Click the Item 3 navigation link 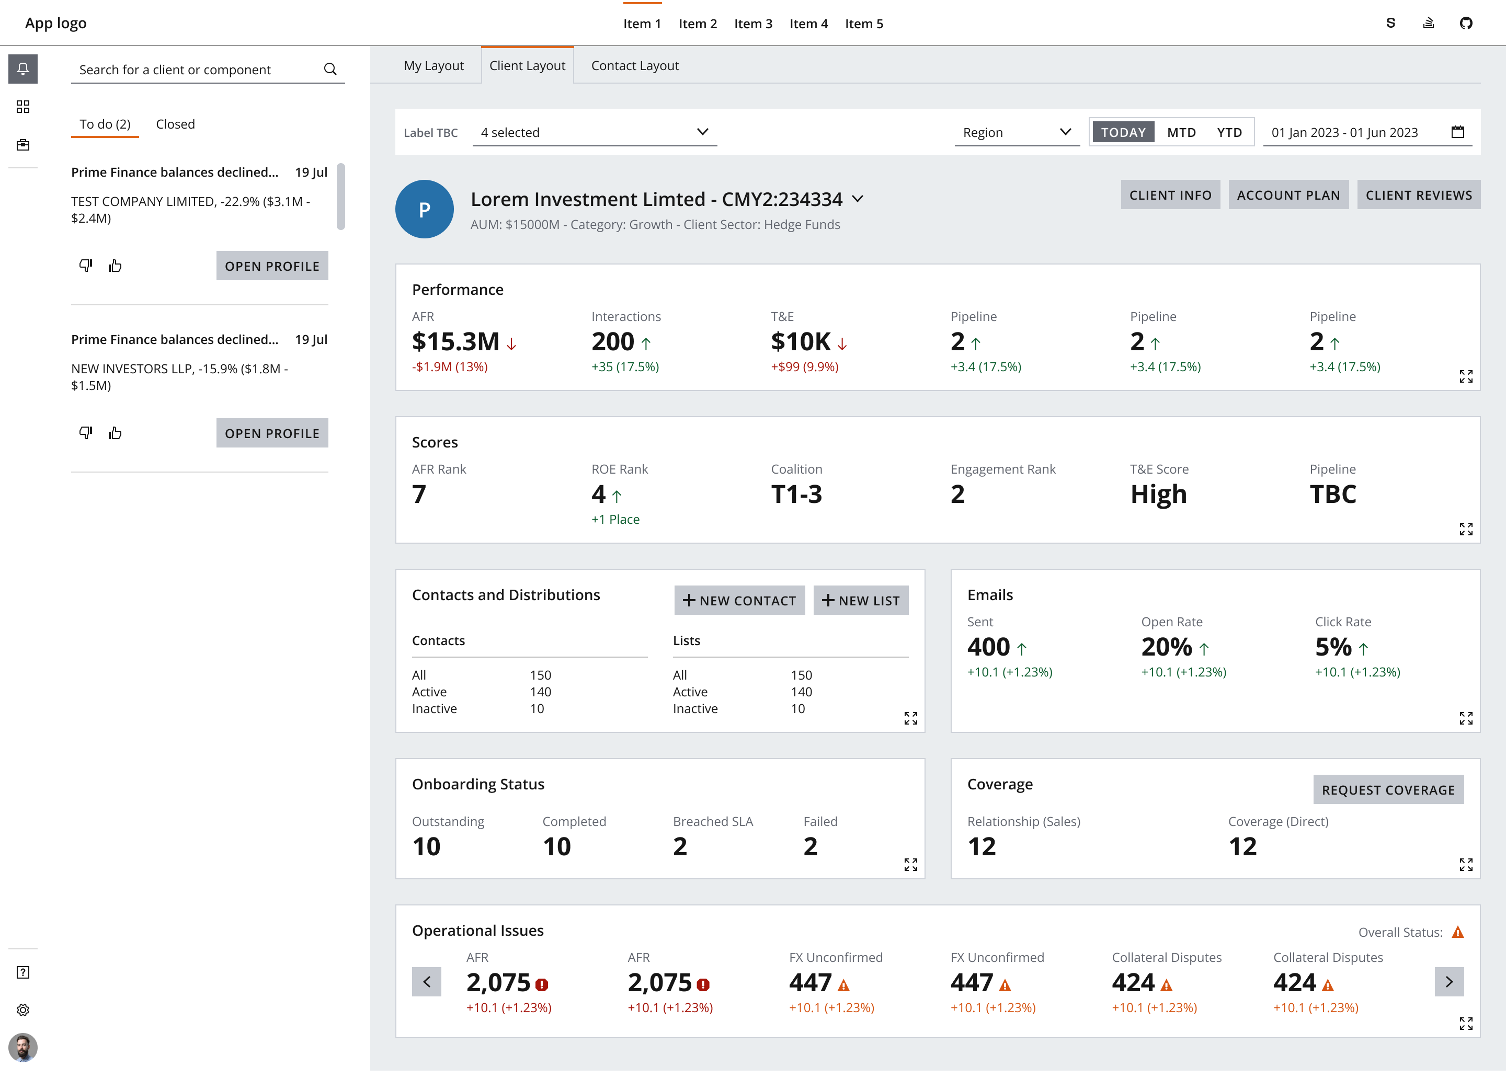point(753,24)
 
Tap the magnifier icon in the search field point(330,69)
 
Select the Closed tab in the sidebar point(175,124)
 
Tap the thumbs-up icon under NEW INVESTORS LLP point(116,433)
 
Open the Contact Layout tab point(634,66)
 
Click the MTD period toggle point(1181,132)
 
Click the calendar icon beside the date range point(1457,132)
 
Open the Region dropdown point(1016,132)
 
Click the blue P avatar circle point(424,209)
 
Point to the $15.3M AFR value point(455,342)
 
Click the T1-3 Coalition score point(796,495)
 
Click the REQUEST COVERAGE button point(1388,789)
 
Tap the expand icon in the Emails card point(1466,718)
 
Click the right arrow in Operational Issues point(1449,981)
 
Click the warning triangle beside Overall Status point(1457,932)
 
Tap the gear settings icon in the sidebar point(23,1010)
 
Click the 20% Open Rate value point(1166,647)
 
